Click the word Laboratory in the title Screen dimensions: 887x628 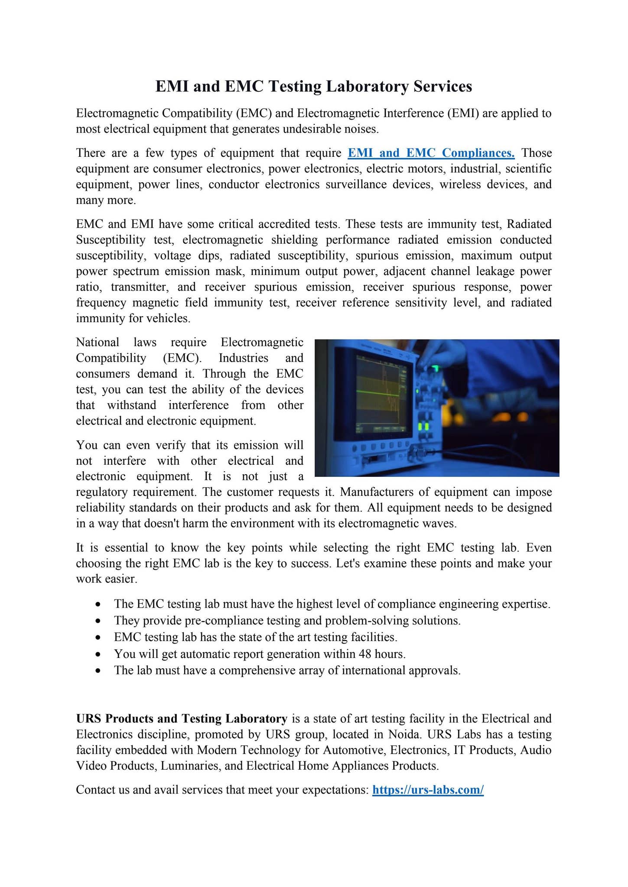pos(367,87)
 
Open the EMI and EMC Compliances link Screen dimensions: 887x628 pos(431,153)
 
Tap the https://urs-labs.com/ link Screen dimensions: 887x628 pos(428,790)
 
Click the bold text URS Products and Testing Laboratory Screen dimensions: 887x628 pos(181,719)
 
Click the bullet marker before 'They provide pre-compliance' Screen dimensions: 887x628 pos(99,621)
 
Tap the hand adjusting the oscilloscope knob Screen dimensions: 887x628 pos(438,353)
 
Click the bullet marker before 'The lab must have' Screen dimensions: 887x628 pos(99,671)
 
